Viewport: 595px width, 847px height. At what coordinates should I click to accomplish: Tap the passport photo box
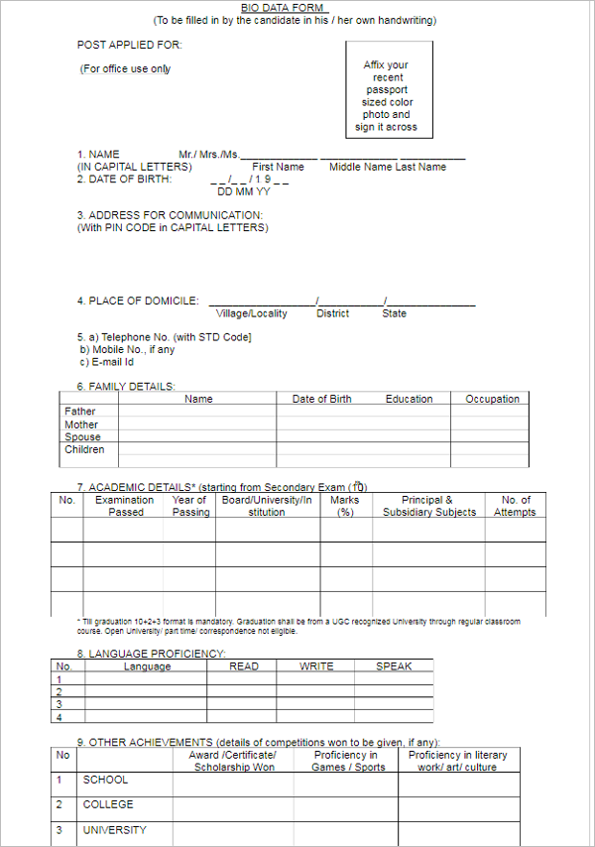click(x=388, y=90)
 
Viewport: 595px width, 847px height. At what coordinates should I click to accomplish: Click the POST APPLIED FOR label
click(x=130, y=45)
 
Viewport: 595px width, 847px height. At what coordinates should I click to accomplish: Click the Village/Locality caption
click(x=252, y=313)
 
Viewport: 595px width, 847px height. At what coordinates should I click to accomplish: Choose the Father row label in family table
click(x=80, y=411)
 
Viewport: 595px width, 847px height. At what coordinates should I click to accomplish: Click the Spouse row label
click(x=82, y=436)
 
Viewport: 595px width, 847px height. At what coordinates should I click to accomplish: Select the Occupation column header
click(x=492, y=399)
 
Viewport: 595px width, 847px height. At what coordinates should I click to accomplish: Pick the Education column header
click(x=409, y=399)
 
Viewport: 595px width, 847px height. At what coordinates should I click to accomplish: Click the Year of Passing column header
click(x=190, y=506)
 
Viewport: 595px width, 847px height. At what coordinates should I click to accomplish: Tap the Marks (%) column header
click(x=345, y=506)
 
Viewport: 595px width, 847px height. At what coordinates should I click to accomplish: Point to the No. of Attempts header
click(x=515, y=506)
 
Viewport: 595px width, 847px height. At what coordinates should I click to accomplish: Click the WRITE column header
click(x=316, y=666)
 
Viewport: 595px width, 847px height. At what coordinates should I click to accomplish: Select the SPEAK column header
click(x=394, y=666)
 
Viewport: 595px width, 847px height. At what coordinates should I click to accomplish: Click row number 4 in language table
click(x=59, y=716)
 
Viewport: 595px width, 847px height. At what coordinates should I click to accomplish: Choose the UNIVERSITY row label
click(x=114, y=830)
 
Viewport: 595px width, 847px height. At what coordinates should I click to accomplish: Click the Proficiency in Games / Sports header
click(x=348, y=761)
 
